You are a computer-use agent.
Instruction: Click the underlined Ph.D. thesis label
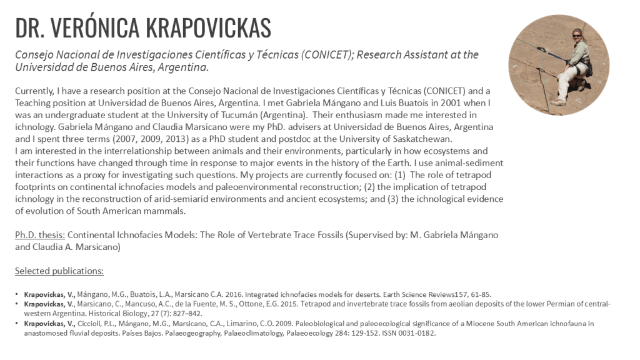[39, 235]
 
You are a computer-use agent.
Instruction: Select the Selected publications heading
[59, 271]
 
